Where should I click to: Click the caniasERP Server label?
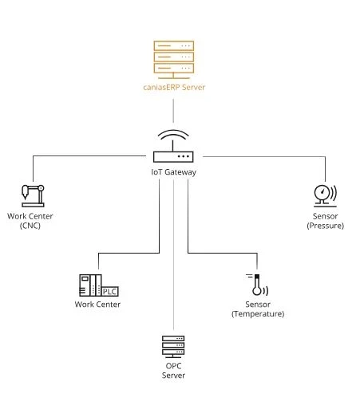(174, 87)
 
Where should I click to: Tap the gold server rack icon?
(173, 60)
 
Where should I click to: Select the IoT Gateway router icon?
(173, 146)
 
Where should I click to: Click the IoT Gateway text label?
(173, 172)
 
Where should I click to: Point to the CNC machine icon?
(33, 195)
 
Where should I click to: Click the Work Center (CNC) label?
(30, 221)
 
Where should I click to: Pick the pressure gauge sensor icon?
(325, 195)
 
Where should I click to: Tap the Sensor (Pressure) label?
(326, 221)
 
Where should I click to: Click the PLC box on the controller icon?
(110, 292)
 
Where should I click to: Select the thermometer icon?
(257, 285)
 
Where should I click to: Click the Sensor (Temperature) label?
(258, 309)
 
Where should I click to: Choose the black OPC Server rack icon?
(173, 347)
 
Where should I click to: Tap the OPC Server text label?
(173, 371)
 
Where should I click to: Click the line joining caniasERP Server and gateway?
(173, 111)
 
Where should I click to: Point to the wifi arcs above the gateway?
(173, 135)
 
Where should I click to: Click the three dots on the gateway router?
(184, 156)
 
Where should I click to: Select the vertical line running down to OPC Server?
(173, 254)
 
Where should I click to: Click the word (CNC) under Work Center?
(30, 226)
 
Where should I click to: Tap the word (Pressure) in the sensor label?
(326, 226)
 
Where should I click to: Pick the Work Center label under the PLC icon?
(97, 305)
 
